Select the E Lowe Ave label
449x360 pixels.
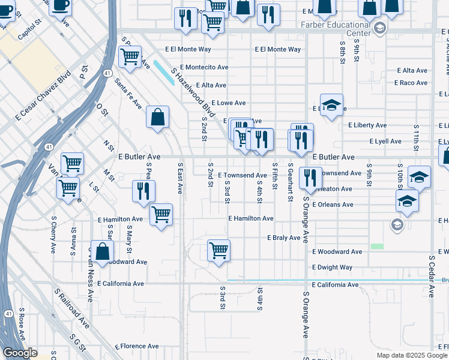(228, 103)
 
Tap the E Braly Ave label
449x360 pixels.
(283, 238)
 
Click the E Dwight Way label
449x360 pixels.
(332, 267)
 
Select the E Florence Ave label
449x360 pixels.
(137, 346)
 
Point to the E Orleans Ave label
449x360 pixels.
(332, 205)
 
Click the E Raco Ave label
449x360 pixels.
(413, 83)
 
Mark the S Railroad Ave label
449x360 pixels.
(72, 308)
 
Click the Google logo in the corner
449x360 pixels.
(20, 353)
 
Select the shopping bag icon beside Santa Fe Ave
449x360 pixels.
(157, 118)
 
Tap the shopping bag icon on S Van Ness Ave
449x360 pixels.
(103, 252)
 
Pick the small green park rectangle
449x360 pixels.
(377, 246)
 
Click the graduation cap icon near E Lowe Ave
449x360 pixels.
(331, 106)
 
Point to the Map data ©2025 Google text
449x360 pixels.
(412, 355)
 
